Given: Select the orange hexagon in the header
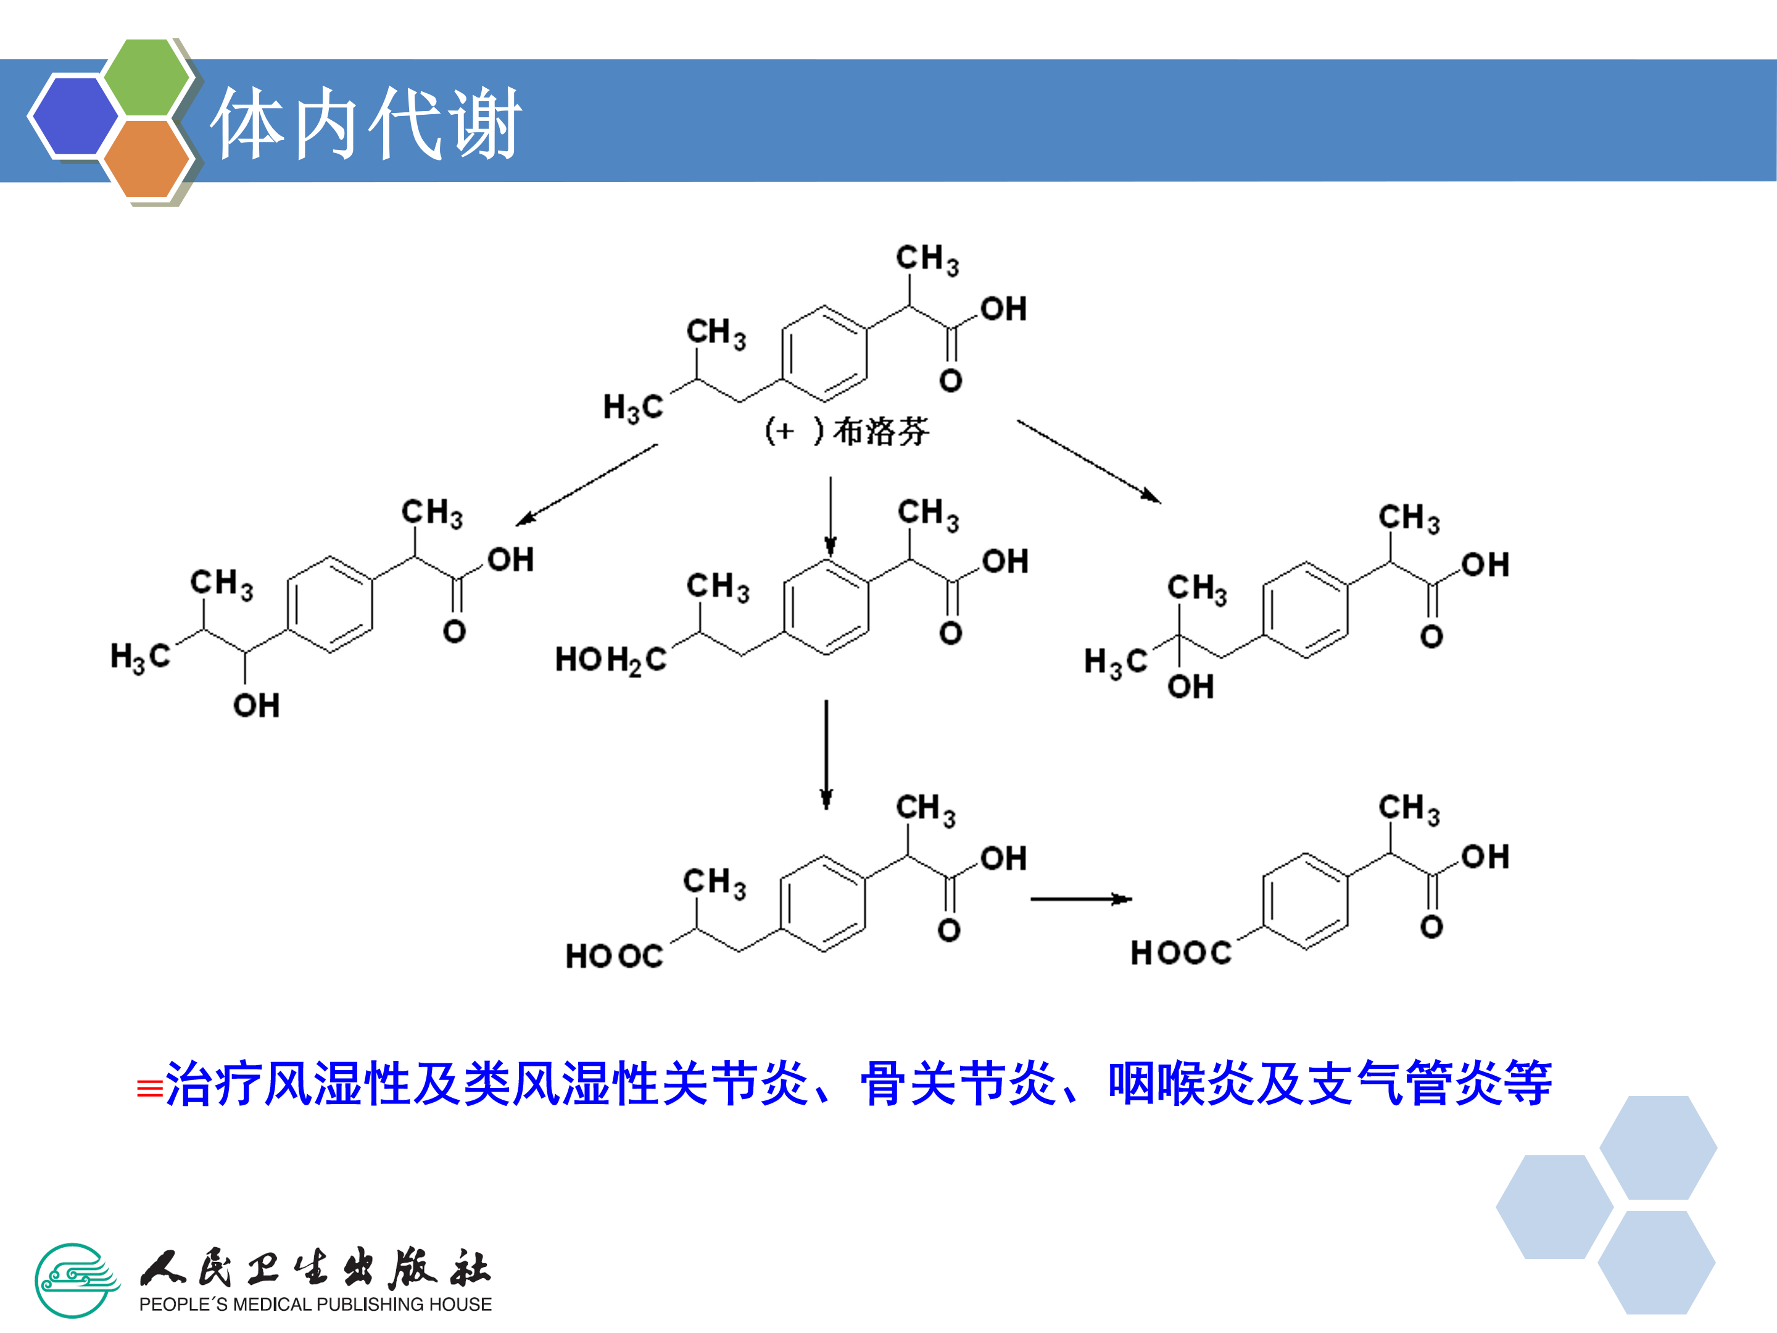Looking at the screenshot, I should (x=146, y=158).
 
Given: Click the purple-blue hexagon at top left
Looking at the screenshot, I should (x=74, y=115).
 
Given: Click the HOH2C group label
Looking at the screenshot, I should (x=611, y=660).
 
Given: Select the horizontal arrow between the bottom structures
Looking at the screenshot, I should (x=1080, y=899).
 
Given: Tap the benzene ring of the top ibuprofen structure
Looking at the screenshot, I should (x=824, y=354).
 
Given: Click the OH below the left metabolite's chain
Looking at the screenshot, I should (x=256, y=706).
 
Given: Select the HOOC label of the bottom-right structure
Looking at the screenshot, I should (x=1180, y=953).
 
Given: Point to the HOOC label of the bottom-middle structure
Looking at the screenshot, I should (x=615, y=956).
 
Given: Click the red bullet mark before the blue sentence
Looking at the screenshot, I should (x=149, y=1089).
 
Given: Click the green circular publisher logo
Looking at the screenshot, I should (x=75, y=1280).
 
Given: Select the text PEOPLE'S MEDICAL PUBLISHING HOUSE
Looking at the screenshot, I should (x=315, y=1304).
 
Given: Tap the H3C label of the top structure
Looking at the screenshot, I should (x=633, y=407).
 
